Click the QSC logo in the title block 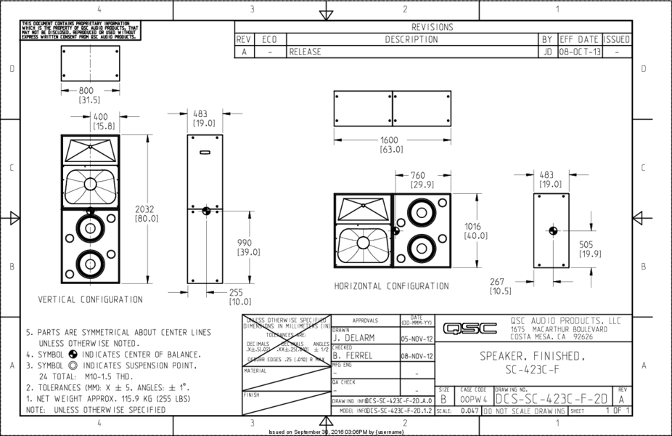tap(470, 328)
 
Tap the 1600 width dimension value tap(392, 140)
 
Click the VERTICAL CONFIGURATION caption tap(91, 299)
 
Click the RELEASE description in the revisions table tap(305, 52)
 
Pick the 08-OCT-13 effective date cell tap(579, 52)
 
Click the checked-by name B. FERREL tap(353, 356)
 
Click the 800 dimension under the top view tap(89, 91)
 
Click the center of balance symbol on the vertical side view tap(206, 211)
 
